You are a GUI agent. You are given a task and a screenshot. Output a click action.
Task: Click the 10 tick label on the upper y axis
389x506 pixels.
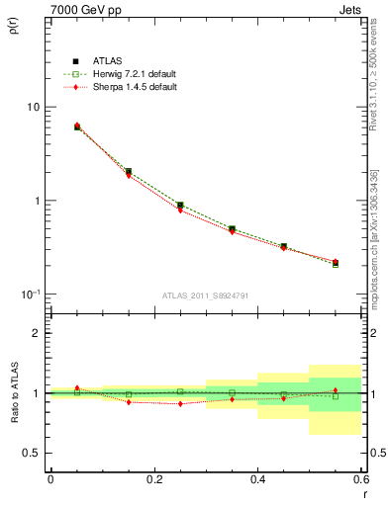[x=33, y=107]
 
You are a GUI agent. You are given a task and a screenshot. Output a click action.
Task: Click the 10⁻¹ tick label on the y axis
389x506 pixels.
[x=31, y=294]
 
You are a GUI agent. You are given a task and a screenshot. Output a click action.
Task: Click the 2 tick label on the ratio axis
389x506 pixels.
[x=37, y=333]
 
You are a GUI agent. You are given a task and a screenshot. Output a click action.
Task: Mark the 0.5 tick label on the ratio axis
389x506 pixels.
[x=32, y=453]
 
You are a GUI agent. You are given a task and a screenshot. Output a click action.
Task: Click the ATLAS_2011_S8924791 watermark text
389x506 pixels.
[x=206, y=295]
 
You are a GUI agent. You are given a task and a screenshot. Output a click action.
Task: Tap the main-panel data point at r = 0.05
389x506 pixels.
[x=77, y=126]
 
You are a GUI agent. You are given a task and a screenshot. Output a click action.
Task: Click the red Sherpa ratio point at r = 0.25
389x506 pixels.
[x=180, y=403]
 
